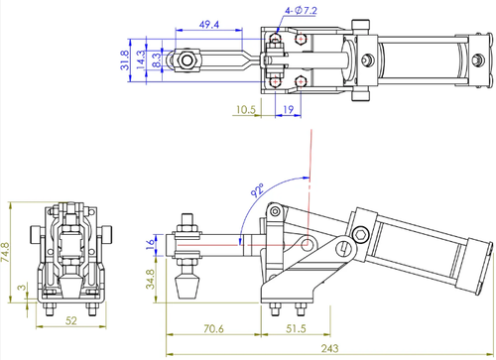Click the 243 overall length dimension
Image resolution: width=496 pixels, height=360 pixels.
tap(329, 348)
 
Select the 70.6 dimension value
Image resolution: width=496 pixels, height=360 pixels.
tap(213, 328)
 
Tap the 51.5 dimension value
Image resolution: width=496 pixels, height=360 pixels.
tap(296, 328)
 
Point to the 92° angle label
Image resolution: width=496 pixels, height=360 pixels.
tap(257, 190)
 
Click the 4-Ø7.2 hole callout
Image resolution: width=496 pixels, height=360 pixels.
tap(301, 11)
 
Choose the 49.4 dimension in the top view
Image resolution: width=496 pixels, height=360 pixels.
tap(209, 24)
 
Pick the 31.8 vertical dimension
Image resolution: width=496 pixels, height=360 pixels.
tap(124, 60)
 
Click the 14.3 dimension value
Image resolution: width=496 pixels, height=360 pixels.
tap(141, 60)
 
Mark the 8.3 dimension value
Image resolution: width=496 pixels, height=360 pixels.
tap(157, 60)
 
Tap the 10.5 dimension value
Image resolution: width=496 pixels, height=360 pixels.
tap(246, 109)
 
